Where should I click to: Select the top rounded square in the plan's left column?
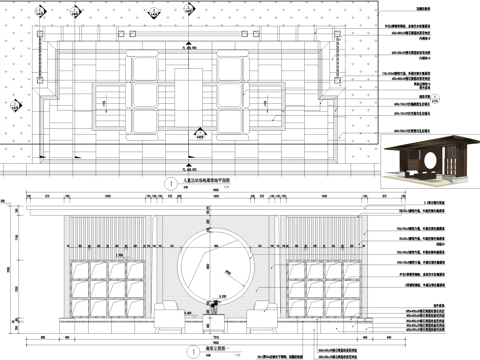145,67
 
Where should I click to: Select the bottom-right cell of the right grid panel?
347,300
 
